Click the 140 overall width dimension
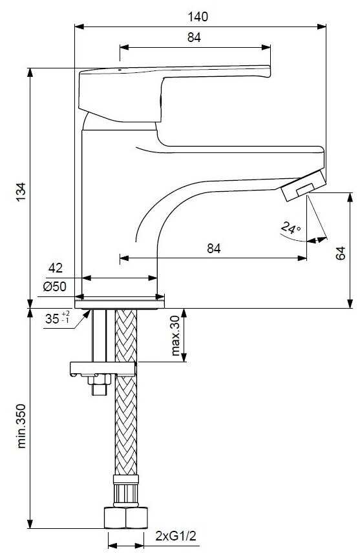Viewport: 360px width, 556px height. (198, 17)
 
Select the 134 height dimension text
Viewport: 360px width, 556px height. (21, 192)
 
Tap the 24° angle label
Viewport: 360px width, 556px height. (290, 228)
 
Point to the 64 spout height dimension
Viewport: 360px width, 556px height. (340, 253)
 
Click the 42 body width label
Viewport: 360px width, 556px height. (56, 268)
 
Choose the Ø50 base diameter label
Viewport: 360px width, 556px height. (55, 286)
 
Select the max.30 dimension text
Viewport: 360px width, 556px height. (175, 335)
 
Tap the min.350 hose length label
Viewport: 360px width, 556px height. (21, 426)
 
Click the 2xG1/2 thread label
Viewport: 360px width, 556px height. (176, 536)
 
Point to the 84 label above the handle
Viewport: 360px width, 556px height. (194, 37)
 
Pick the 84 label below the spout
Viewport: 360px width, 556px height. (214, 249)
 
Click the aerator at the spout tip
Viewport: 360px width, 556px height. (303, 185)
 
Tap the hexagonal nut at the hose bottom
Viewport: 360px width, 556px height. (125, 518)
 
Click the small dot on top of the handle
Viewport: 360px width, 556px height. (120, 70)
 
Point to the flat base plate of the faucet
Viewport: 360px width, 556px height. (120, 304)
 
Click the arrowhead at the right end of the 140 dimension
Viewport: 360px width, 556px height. (322, 26)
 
